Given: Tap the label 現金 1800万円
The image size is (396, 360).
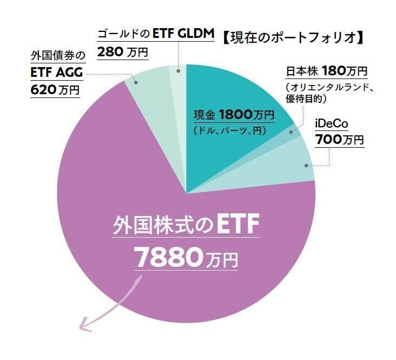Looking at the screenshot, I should pos(234,115).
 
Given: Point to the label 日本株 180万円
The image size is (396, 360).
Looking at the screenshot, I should pos(327,71).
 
